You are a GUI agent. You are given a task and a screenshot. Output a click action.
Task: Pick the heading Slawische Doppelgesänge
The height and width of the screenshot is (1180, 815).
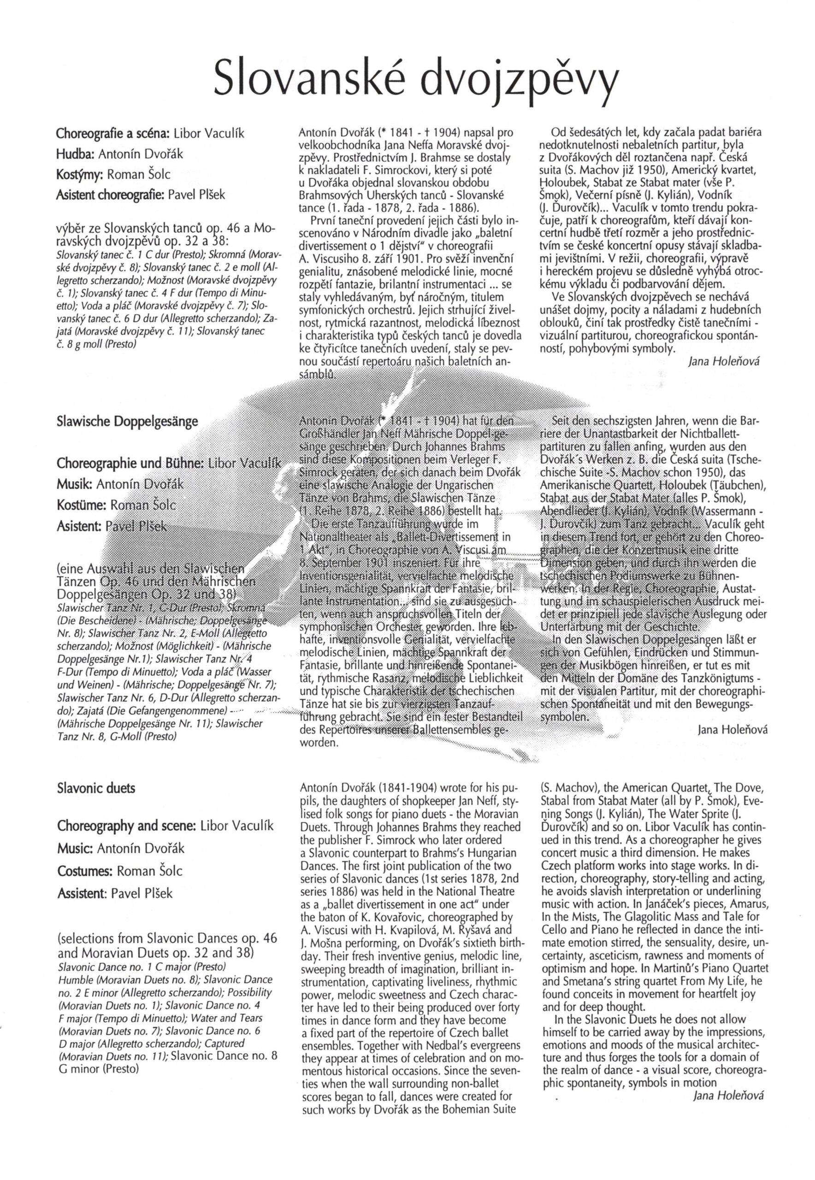click(x=127, y=422)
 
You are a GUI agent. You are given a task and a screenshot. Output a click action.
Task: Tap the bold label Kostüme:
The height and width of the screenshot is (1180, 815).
click(x=81, y=505)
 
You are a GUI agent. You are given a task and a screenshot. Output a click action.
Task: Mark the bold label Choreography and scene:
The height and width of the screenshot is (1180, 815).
click(x=127, y=826)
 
